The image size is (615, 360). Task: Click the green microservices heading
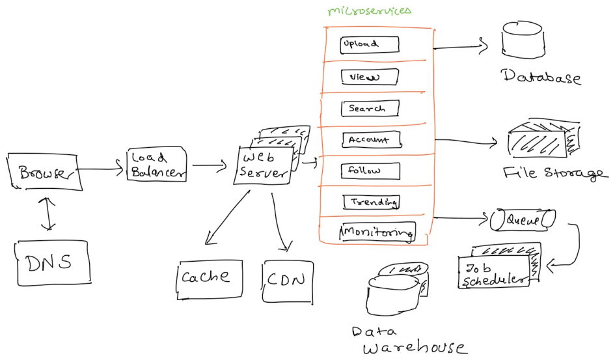tap(370, 10)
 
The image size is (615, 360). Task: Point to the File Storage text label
tap(555, 173)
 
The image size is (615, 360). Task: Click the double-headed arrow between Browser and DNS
tap(48, 214)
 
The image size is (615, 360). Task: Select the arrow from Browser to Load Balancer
tap(101, 169)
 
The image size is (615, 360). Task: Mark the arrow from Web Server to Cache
tap(228, 217)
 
